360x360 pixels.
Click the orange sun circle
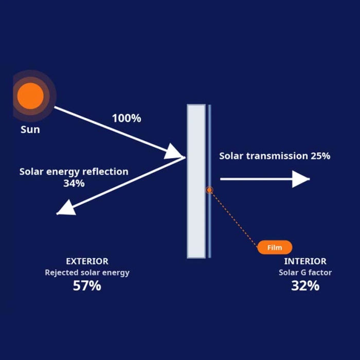[30, 96]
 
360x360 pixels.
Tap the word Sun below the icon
[30, 130]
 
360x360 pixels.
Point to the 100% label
[127, 118]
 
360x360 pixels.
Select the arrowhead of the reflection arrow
[66, 208]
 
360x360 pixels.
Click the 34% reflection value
[74, 184]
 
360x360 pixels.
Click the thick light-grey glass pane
[196, 181]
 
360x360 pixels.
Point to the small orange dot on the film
[209, 190]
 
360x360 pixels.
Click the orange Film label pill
[275, 247]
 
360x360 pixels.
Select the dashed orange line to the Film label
[233, 219]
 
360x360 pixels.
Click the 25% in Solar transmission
[320, 156]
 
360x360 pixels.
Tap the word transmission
[277, 156]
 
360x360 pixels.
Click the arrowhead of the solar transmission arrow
[301, 179]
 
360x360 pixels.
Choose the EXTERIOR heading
[87, 261]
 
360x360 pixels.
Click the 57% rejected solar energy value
[87, 286]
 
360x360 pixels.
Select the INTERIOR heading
[305, 261]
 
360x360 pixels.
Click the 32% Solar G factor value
[305, 286]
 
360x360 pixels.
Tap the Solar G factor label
[305, 273]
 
